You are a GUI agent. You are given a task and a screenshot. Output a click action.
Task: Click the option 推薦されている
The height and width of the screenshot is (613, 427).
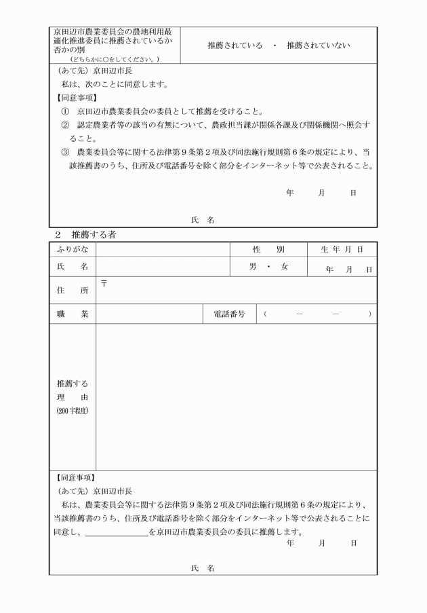pyautogui.click(x=235, y=45)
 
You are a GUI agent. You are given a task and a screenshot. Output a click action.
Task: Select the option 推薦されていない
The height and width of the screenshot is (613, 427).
pyautogui.click(x=319, y=45)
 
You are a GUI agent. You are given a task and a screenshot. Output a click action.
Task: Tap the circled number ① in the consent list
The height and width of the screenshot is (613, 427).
pyautogui.click(x=65, y=111)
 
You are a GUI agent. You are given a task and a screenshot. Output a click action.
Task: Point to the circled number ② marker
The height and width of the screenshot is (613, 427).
pyautogui.click(x=65, y=126)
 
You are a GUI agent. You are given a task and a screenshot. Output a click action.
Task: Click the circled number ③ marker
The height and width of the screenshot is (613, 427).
pyautogui.click(x=65, y=153)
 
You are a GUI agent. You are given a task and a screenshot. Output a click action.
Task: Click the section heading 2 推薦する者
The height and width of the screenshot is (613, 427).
pyautogui.click(x=84, y=235)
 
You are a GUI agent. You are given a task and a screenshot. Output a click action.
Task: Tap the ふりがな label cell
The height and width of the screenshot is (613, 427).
pyautogui.click(x=73, y=250)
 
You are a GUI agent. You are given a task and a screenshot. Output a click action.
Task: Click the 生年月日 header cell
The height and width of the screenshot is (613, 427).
pyautogui.click(x=342, y=250)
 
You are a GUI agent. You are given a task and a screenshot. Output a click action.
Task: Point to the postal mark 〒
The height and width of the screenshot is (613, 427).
pyautogui.click(x=104, y=282)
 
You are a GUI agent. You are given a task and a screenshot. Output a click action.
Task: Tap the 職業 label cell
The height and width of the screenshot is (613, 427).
pyautogui.click(x=73, y=314)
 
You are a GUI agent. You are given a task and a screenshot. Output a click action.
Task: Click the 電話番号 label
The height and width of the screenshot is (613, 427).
pyautogui.click(x=229, y=314)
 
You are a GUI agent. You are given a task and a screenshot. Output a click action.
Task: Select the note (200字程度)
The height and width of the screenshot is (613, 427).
pyautogui.click(x=73, y=411)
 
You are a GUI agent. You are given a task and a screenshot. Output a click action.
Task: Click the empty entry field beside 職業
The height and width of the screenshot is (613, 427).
pyautogui.click(x=149, y=314)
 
